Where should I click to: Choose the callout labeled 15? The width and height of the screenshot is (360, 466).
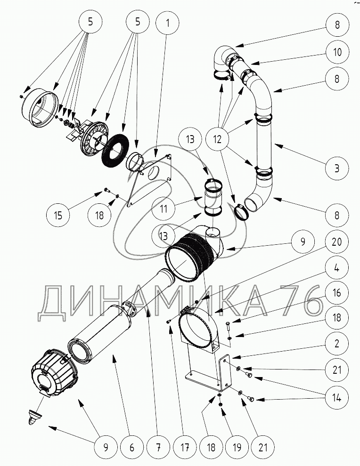[x=58, y=216]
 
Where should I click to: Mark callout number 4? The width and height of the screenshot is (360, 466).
[x=337, y=268]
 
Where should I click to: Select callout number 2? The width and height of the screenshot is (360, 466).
[x=337, y=344]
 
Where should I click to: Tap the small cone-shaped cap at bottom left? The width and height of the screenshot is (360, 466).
[x=34, y=416]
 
